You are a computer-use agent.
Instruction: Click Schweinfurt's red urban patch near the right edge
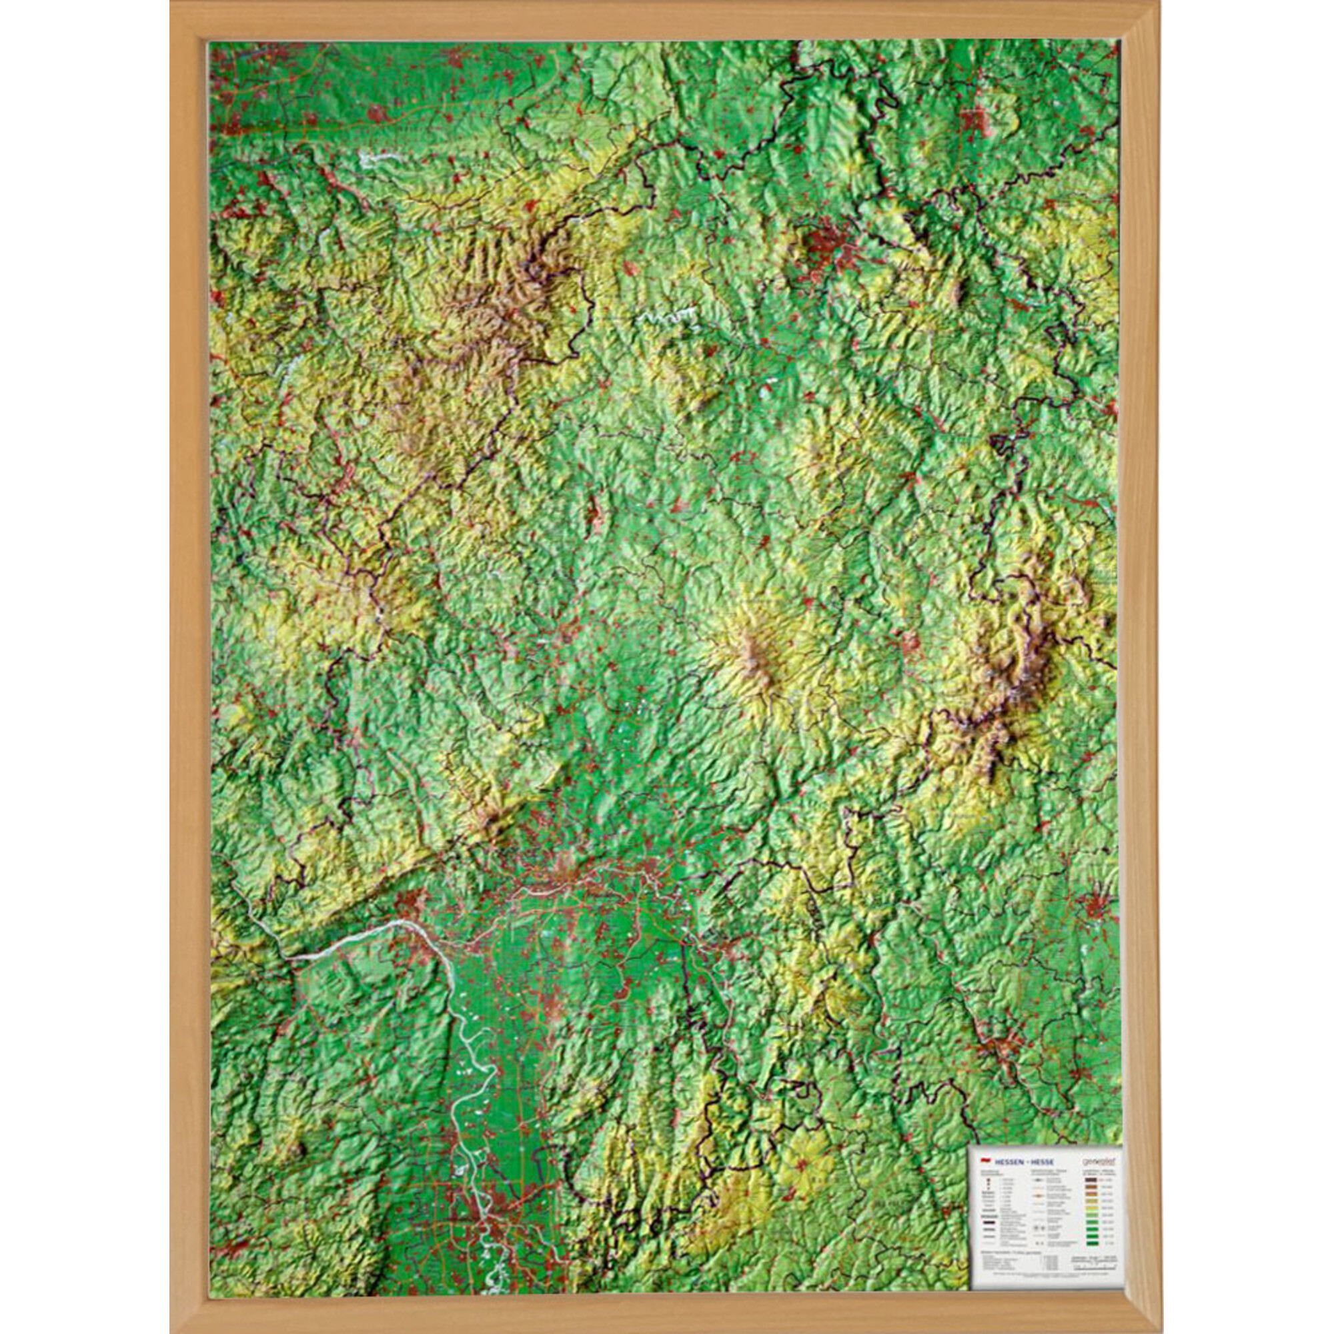[1098, 904]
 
